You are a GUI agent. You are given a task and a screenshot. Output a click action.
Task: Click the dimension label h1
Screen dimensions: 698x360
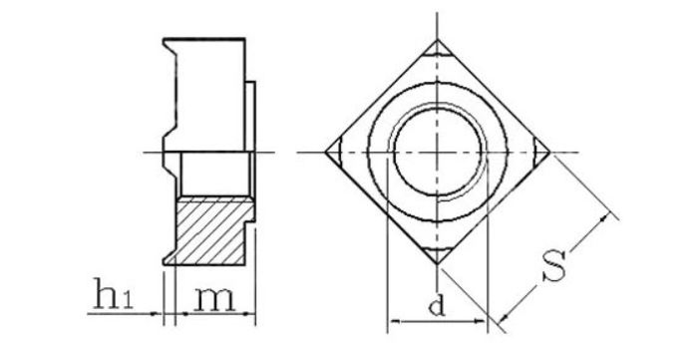(x=113, y=294)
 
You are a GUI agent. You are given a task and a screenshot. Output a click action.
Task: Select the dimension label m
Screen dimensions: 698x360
(x=214, y=299)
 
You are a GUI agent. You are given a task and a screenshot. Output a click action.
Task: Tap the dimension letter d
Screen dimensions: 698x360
(x=437, y=306)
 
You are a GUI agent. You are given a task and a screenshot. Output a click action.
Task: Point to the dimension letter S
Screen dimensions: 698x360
(x=554, y=266)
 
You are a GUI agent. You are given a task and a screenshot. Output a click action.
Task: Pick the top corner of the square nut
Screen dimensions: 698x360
(x=437, y=40)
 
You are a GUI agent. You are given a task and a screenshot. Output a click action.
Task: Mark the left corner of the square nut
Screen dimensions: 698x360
(x=325, y=153)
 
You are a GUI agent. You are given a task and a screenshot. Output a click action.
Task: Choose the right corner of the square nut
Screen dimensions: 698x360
(x=550, y=153)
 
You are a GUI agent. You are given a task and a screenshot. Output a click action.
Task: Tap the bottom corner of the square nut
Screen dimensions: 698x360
(x=437, y=264)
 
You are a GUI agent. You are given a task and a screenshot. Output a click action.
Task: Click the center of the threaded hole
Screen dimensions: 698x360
(x=437, y=153)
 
